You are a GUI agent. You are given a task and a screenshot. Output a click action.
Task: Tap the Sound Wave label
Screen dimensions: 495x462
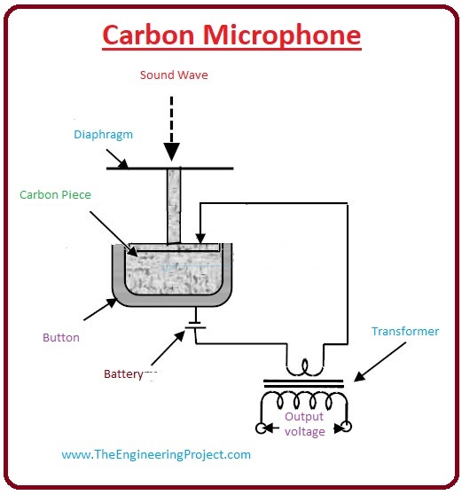[x=174, y=75]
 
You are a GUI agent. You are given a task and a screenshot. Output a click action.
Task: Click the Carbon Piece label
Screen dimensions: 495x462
[x=55, y=193]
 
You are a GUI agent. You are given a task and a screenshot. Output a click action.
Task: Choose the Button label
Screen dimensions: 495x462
[x=61, y=337]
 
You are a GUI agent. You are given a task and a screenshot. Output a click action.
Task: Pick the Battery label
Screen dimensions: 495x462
[x=121, y=374]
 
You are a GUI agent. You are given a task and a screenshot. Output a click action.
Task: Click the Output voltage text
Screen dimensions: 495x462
[x=304, y=423]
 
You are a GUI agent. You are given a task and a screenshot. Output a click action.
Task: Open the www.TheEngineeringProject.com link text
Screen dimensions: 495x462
[x=156, y=454]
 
